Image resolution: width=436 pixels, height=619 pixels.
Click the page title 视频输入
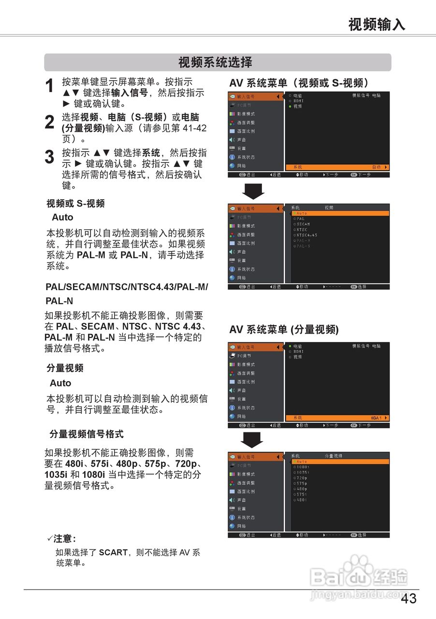click(x=377, y=24)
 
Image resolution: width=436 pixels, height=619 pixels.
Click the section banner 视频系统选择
click(x=216, y=62)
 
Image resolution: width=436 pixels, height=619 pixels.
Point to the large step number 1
click(x=49, y=87)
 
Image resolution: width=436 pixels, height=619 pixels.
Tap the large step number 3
click(x=49, y=157)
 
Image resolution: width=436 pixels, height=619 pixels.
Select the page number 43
click(x=408, y=599)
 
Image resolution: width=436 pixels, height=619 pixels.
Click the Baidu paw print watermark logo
click(x=358, y=566)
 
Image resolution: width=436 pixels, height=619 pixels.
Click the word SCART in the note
click(x=113, y=552)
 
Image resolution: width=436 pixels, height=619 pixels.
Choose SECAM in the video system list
click(x=303, y=224)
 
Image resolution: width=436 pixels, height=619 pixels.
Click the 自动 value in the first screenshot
click(x=376, y=167)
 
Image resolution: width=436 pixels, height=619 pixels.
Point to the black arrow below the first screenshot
click(x=253, y=191)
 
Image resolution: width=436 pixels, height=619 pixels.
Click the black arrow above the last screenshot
click(x=252, y=440)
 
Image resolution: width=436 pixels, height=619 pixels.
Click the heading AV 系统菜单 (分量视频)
click(x=284, y=330)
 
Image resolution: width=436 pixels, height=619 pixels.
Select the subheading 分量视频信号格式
click(x=87, y=434)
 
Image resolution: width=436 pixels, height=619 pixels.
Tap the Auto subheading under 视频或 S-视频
click(x=62, y=217)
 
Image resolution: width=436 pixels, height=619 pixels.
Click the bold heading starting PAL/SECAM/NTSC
click(x=127, y=287)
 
